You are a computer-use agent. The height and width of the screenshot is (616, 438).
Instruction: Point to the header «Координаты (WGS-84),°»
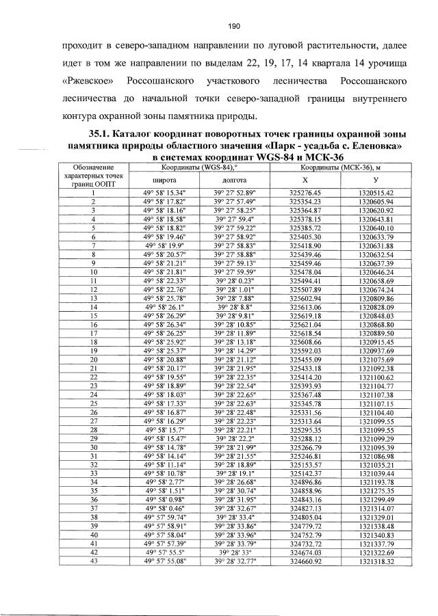coord(198,168)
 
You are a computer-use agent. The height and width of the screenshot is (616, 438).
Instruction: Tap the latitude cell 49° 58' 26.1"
coord(162,308)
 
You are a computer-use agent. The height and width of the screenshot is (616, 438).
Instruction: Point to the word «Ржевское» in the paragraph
coord(86,81)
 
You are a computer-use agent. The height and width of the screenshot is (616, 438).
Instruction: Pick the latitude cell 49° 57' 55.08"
coord(162,561)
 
